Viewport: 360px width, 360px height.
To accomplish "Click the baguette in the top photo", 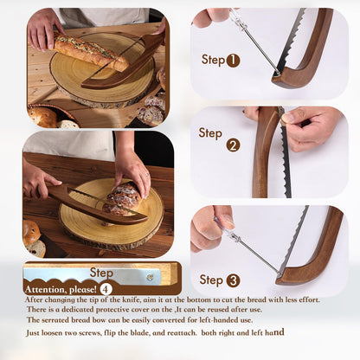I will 91,53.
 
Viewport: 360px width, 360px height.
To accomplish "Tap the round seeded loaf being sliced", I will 124,198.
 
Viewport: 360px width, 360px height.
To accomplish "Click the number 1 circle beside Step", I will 233,61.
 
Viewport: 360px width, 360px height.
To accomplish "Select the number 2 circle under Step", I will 233,145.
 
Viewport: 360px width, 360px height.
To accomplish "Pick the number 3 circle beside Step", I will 234,280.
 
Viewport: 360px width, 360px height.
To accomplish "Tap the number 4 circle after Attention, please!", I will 105,288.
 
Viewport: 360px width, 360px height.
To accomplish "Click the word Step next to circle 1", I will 213,60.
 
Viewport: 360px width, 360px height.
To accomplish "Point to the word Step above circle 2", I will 210,132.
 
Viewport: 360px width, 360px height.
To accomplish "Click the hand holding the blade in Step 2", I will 312,126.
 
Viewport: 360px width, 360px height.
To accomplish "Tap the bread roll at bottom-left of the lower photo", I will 31,232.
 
